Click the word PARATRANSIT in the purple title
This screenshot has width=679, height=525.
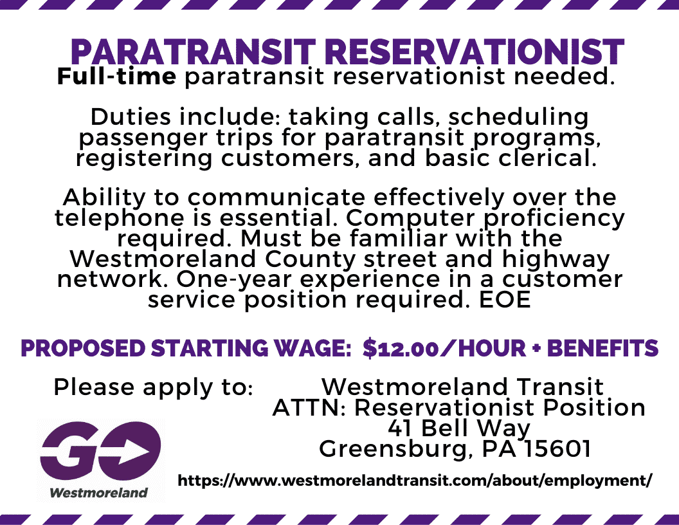194,52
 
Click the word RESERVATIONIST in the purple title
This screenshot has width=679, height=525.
475,52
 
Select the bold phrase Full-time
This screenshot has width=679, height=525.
116,77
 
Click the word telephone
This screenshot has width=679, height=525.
119,218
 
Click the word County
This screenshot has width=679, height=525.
310,259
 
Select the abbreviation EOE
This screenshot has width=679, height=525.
505,300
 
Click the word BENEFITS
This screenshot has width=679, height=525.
602,349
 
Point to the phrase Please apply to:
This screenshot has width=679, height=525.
153,387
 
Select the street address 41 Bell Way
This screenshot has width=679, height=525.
459,428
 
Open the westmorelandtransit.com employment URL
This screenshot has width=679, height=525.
415,481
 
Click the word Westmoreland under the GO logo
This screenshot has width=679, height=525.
99,493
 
